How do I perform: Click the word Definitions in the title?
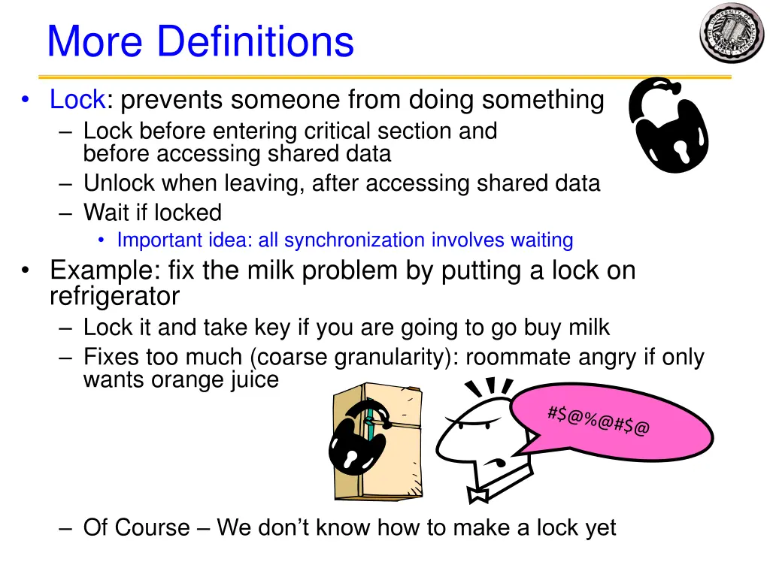pyautogui.click(x=255, y=41)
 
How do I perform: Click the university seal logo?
pyautogui.click(x=731, y=32)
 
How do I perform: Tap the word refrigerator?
pyautogui.click(x=114, y=297)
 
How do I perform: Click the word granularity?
pyautogui.click(x=390, y=357)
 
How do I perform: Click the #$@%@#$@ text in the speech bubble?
pyautogui.click(x=599, y=420)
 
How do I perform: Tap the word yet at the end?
pyautogui.click(x=599, y=527)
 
